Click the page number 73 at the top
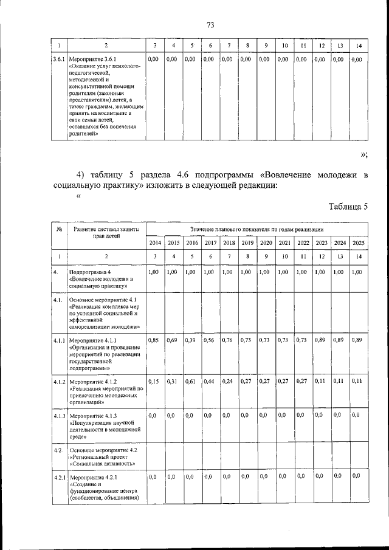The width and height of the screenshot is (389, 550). (210, 25)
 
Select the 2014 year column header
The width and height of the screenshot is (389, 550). (155, 243)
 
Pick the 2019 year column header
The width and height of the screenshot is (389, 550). (247, 243)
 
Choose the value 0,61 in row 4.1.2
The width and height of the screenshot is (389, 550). (190, 381)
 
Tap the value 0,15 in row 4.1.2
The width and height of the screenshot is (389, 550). (154, 381)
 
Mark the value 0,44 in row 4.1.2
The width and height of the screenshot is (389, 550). (209, 381)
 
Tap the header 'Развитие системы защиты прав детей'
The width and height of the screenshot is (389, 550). (106, 233)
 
